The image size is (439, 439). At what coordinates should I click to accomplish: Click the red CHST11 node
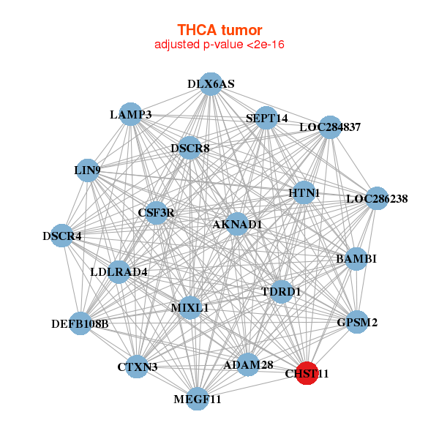[307, 372]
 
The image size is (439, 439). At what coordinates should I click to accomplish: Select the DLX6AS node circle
[211, 84]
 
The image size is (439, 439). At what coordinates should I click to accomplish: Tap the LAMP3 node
[130, 114]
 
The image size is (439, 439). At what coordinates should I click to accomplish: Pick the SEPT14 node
[266, 118]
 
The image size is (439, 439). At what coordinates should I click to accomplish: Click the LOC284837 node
[330, 127]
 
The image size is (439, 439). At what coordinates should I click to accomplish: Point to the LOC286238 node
[376, 198]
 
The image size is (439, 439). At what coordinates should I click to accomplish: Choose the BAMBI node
[356, 259]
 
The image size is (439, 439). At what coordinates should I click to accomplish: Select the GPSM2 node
[356, 322]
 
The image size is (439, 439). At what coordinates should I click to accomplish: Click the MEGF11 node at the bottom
[197, 399]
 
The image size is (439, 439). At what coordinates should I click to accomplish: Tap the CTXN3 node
[138, 367]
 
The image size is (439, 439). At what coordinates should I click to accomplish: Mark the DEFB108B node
[80, 323]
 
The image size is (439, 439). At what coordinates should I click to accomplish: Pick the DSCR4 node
[62, 236]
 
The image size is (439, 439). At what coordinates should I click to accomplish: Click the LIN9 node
[87, 170]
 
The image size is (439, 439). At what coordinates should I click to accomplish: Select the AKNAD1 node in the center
[236, 224]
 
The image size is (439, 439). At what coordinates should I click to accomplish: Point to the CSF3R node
[156, 213]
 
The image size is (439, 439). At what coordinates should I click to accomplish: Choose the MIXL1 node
[190, 307]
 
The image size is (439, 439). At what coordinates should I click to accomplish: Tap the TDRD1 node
[281, 291]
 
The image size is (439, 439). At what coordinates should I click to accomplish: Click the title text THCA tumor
[219, 30]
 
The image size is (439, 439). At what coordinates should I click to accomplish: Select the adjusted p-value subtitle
[219, 45]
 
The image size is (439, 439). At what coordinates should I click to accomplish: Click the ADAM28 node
[248, 364]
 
